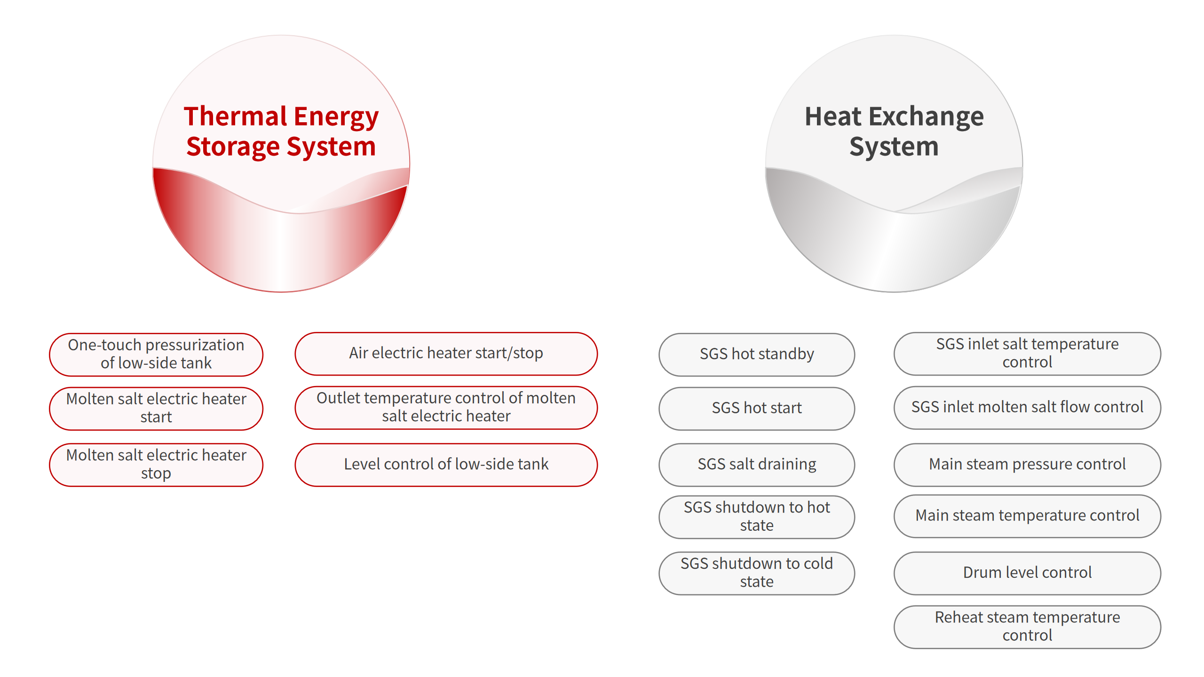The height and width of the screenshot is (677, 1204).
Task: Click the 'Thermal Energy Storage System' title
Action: (281, 131)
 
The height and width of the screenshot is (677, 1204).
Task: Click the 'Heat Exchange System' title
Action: (894, 131)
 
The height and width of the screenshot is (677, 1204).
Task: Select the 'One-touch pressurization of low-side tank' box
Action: (156, 354)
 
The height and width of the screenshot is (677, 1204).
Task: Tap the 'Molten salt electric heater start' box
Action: (156, 408)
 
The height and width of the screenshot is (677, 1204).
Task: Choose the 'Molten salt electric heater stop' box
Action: (156, 464)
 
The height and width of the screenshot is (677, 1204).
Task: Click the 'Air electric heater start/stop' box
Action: (446, 354)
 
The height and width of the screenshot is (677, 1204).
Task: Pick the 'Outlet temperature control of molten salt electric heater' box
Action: (446, 408)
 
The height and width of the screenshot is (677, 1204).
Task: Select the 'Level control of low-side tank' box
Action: (446, 464)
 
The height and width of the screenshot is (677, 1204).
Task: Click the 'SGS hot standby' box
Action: (757, 354)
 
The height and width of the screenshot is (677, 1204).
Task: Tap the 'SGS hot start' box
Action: (757, 408)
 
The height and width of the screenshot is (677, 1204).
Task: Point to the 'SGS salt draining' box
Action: (757, 464)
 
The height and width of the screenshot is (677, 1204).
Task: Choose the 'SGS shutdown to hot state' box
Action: (757, 517)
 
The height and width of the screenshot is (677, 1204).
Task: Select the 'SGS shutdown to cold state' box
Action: (757, 573)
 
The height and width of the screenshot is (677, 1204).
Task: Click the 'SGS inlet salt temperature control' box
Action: (1027, 354)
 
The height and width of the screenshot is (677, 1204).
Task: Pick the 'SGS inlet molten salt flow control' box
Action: (1027, 408)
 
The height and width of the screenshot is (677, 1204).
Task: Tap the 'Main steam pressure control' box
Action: (1027, 464)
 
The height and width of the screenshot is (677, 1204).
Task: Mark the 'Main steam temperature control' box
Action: (1027, 516)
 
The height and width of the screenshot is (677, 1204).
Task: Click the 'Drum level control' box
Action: (1027, 573)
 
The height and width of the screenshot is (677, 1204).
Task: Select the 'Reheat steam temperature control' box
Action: (1027, 627)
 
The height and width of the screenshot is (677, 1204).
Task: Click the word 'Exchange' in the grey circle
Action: (926, 118)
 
